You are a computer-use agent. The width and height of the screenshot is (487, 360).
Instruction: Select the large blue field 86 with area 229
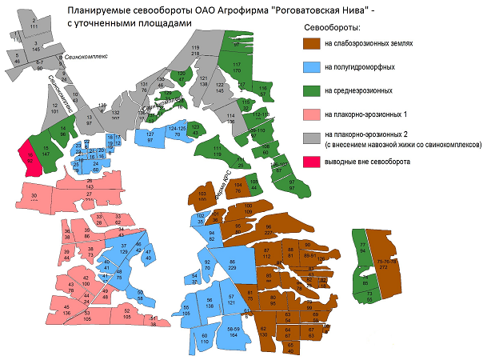pos(233,266)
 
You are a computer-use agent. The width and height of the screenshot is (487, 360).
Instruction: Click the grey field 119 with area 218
pos(195,53)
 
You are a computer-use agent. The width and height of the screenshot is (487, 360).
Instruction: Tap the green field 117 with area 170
pos(236,66)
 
